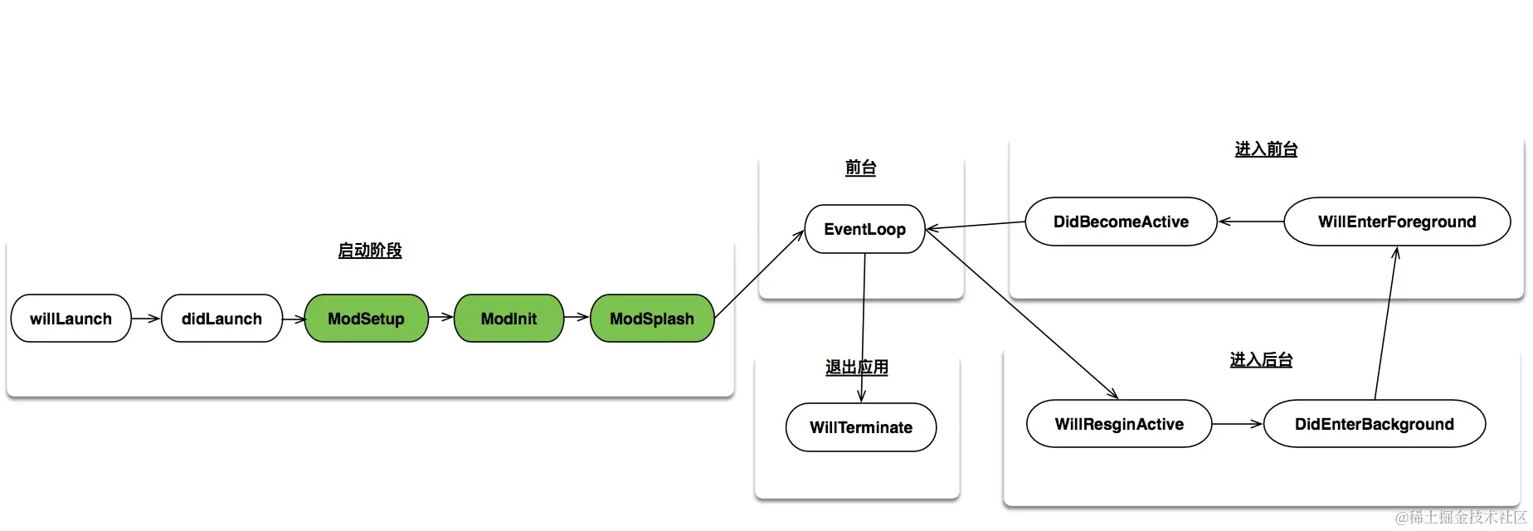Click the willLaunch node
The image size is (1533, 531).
(x=71, y=319)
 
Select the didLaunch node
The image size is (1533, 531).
(x=221, y=319)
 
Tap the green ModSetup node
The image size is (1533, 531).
(x=366, y=319)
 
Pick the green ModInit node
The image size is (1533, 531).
(x=509, y=319)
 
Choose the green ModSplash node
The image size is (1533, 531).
(x=651, y=319)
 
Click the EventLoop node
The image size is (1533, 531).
(x=864, y=229)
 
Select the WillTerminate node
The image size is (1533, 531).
(x=860, y=427)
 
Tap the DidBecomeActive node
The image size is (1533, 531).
(x=1121, y=222)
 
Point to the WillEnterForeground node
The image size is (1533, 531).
(x=1396, y=222)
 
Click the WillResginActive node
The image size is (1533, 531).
(x=1118, y=424)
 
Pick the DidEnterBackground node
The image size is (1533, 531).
(x=1374, y=424)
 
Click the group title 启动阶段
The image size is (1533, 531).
(x=370, y=251)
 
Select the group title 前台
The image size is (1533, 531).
(x=860, y=168)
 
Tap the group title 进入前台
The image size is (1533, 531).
(x=1266, y=149)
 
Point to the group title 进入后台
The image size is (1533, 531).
(x=1261, y=360)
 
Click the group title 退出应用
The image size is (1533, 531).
(x=857, y=368)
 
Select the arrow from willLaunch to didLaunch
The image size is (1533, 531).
(x=146, y=319)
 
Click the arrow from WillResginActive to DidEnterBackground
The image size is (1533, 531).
(x=1237, y=424)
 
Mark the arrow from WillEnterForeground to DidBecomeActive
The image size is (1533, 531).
(x=1250, y=222)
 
